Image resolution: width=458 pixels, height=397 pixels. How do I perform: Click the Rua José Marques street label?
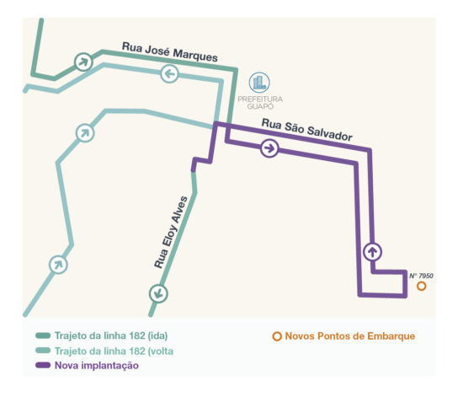point(170,51)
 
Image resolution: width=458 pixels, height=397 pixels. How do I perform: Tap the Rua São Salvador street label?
point(306,130)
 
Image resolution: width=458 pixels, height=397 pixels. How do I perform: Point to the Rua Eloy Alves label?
point(171,233)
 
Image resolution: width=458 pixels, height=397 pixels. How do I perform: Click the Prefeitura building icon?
point(259,83)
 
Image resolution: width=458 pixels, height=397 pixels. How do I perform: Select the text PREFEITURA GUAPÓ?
point(260,103)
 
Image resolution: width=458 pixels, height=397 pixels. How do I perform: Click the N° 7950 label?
point(421,276)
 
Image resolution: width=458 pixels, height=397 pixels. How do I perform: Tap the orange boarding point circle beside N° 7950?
point(421,286)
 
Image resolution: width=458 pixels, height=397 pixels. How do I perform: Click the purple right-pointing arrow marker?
point(269,148)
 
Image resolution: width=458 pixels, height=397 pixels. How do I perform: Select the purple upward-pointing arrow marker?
point(372,252)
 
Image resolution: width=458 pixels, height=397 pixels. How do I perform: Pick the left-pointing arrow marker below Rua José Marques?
point(169,73)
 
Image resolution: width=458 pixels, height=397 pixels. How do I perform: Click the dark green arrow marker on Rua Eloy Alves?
point(158,293)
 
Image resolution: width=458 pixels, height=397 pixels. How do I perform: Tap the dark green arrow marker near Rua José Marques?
point(83,62)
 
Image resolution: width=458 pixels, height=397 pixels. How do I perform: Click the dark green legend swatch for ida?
point(43,335)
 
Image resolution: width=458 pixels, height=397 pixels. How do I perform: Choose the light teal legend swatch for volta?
point(43,351)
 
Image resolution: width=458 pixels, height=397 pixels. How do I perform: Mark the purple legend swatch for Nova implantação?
point(43,365)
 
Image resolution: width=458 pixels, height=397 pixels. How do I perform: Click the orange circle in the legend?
point(277,336)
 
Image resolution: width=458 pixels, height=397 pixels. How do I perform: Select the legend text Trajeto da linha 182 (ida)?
point(111,335)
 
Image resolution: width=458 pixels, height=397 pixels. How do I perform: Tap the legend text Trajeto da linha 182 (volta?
point(114,351)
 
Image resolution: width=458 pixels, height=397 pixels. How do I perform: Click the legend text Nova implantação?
point(97,366)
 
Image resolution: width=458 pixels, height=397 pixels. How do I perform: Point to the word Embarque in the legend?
point(391,336)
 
